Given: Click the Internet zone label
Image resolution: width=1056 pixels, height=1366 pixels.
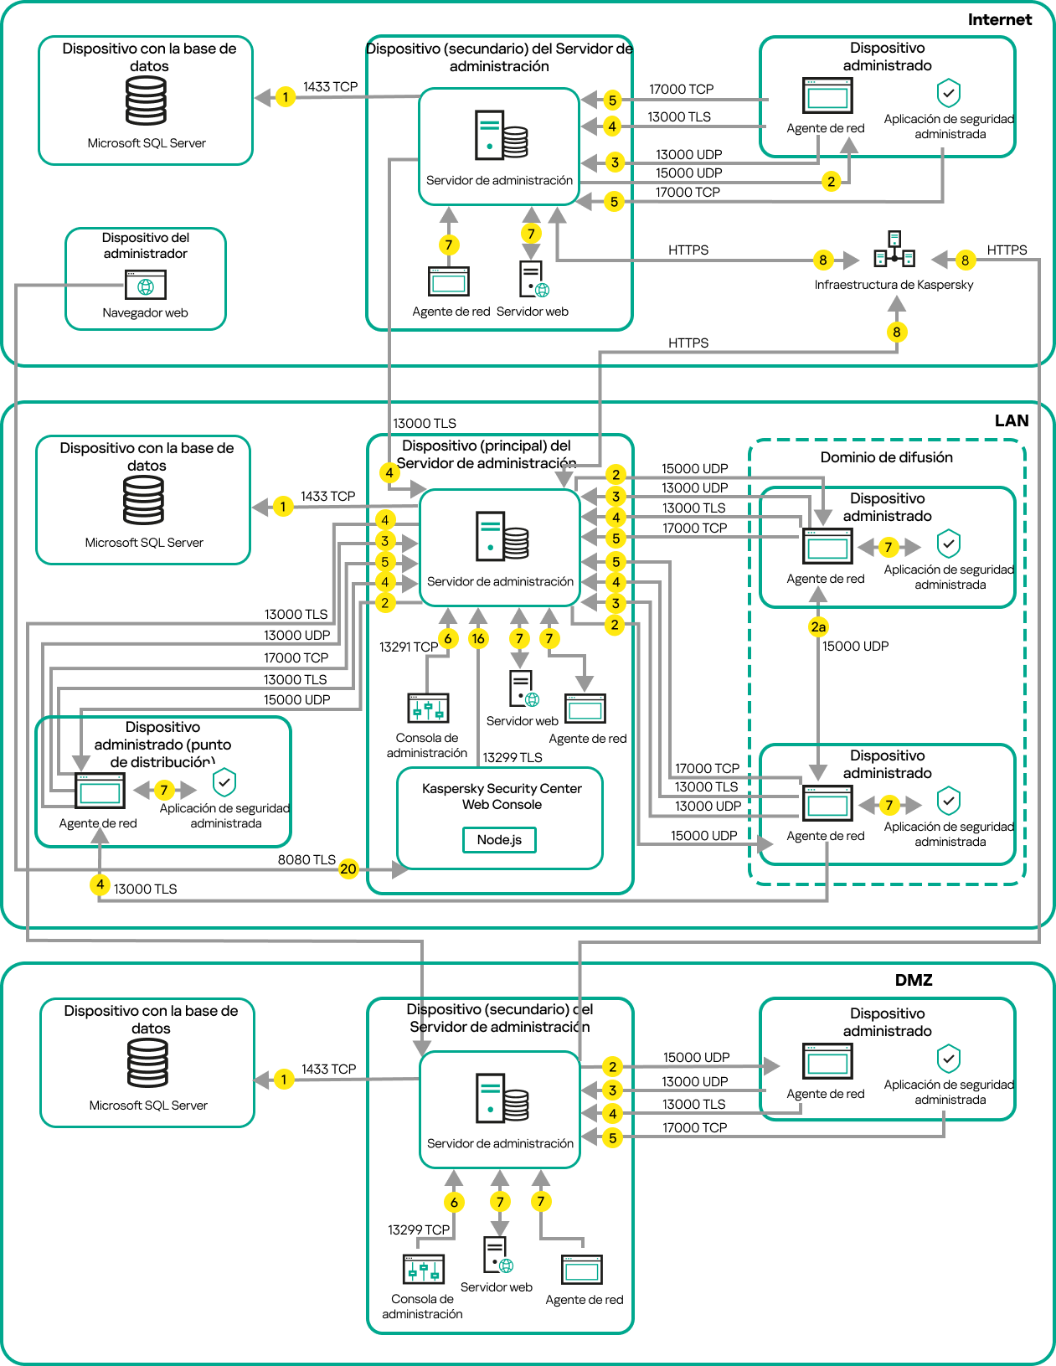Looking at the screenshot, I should (x=999, y=20).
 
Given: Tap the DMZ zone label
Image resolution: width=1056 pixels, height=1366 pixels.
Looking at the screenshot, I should (x=913, y=980).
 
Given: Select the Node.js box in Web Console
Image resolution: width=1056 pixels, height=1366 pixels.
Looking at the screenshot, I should (x=499, y=840).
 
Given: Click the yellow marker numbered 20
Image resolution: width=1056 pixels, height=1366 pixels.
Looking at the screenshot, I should (x=348, y=869).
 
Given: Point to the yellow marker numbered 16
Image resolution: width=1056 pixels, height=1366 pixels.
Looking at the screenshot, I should (x=478, y=639).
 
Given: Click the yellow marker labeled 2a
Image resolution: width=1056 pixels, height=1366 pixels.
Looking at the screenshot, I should (x=818, y=626).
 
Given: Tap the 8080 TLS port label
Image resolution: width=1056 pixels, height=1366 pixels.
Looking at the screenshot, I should (x=306, y=860).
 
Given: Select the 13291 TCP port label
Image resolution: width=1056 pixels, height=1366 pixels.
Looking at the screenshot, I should (x=408, y=647).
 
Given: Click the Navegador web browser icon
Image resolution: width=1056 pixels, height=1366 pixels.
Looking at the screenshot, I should (x=146, y=285).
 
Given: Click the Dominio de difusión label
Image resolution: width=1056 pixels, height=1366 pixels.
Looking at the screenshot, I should (x=886, y=457).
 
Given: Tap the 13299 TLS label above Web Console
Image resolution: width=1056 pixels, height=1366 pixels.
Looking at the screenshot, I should (x=513, y=757).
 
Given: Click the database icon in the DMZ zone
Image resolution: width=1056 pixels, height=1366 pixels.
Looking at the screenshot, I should (x=148, y=1063).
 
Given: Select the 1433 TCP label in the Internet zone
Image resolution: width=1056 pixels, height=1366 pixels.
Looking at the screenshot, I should (x=330, y=87).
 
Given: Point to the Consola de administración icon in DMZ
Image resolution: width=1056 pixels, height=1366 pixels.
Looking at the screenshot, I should (x=424, y=1269).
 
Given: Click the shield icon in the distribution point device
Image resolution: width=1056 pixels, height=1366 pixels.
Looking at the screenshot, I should (x=224, y=782).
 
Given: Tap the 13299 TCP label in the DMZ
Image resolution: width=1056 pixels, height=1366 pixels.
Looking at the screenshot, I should (x=419, y=1229).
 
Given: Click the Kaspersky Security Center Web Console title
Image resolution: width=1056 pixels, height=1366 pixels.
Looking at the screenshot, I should (x=502, y=796).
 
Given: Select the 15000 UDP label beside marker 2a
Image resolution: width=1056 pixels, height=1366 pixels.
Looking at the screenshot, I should (x=855, y=646).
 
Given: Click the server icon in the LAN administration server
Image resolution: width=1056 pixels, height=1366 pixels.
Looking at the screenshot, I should (x=502, y=536).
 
